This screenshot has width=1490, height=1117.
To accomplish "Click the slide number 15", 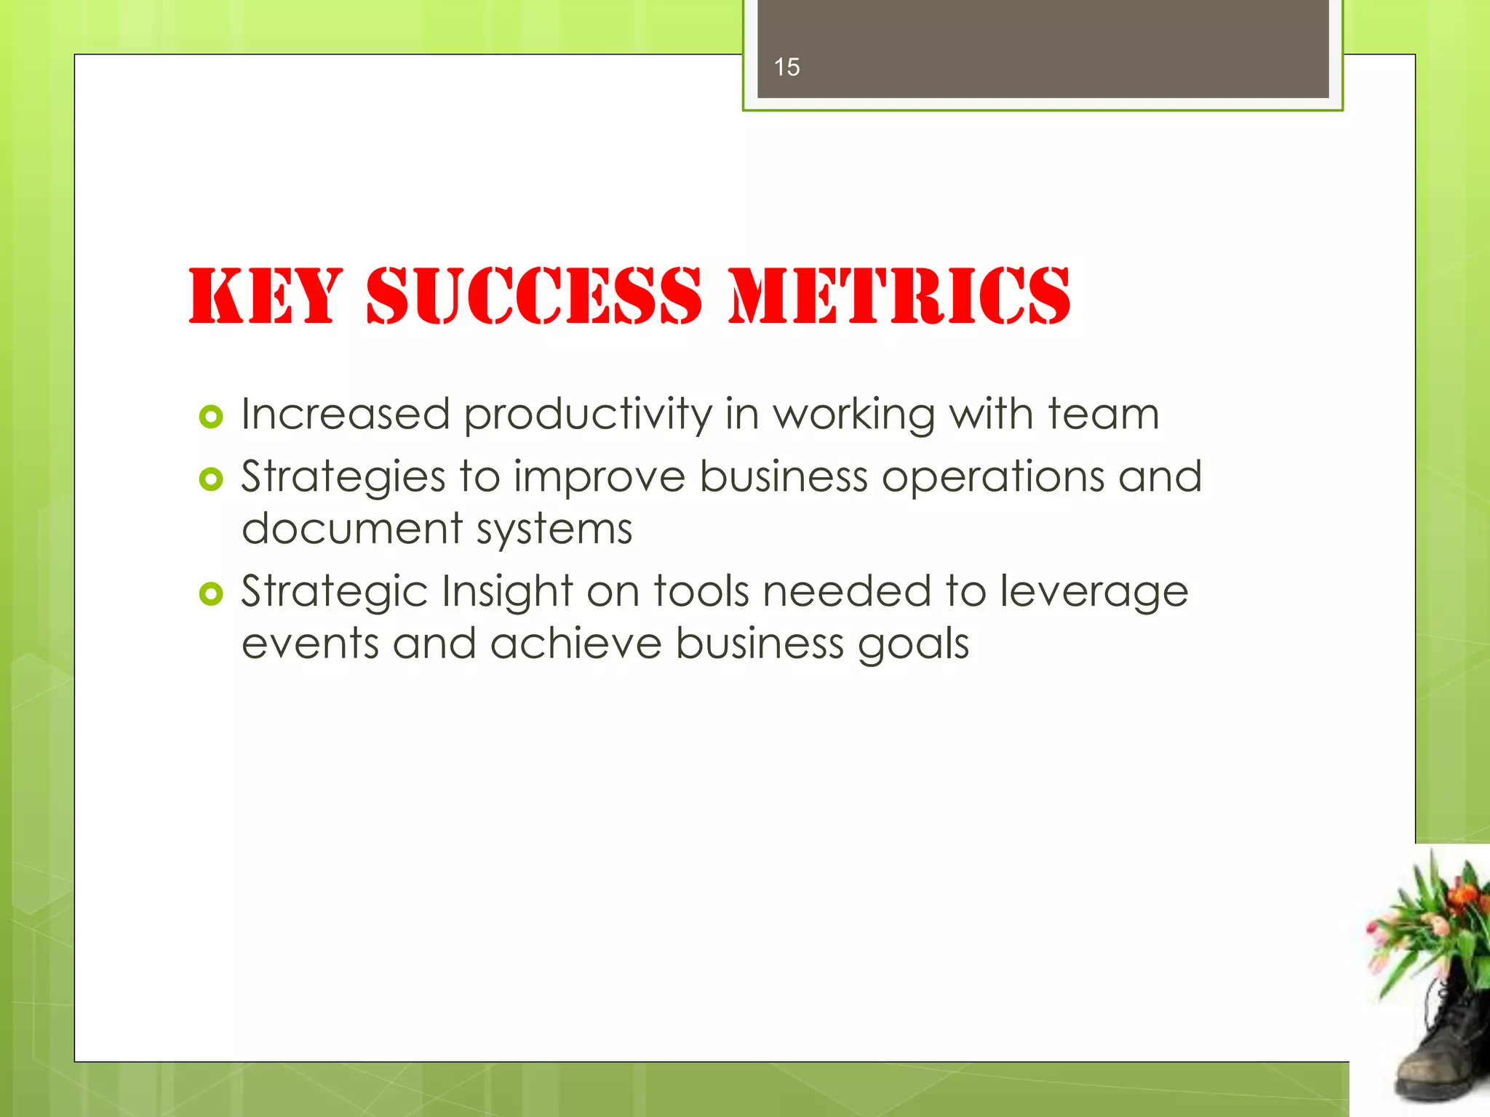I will [x=786, y=68].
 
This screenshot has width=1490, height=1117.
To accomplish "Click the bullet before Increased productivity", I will [x=210, y=417].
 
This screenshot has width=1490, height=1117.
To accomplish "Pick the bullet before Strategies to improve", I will [x=210, y=479].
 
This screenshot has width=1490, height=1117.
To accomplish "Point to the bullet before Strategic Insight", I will [x=210, y=594].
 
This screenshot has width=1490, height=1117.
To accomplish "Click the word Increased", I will [x=346, y=415].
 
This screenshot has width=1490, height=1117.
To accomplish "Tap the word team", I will [x=1103, y=415].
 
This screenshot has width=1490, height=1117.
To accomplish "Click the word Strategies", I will [x=343, y=479].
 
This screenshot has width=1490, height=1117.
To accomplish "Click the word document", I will [x=352, y=529].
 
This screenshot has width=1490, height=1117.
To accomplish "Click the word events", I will [x=310, y=644].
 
